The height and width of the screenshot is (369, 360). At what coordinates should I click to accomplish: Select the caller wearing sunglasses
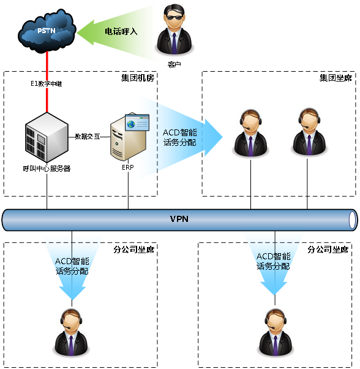174,30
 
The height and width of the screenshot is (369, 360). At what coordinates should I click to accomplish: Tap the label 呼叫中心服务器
46,168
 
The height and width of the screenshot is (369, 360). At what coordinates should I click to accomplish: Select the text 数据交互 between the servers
88,136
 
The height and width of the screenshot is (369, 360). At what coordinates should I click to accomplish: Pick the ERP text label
127,167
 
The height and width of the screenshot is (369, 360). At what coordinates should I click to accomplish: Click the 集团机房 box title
137,78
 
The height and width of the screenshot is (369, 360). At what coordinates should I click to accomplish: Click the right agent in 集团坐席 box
307,132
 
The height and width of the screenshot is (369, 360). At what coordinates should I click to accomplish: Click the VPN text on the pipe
179,219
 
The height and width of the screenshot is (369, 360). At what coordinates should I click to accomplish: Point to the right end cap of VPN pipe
352,219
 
